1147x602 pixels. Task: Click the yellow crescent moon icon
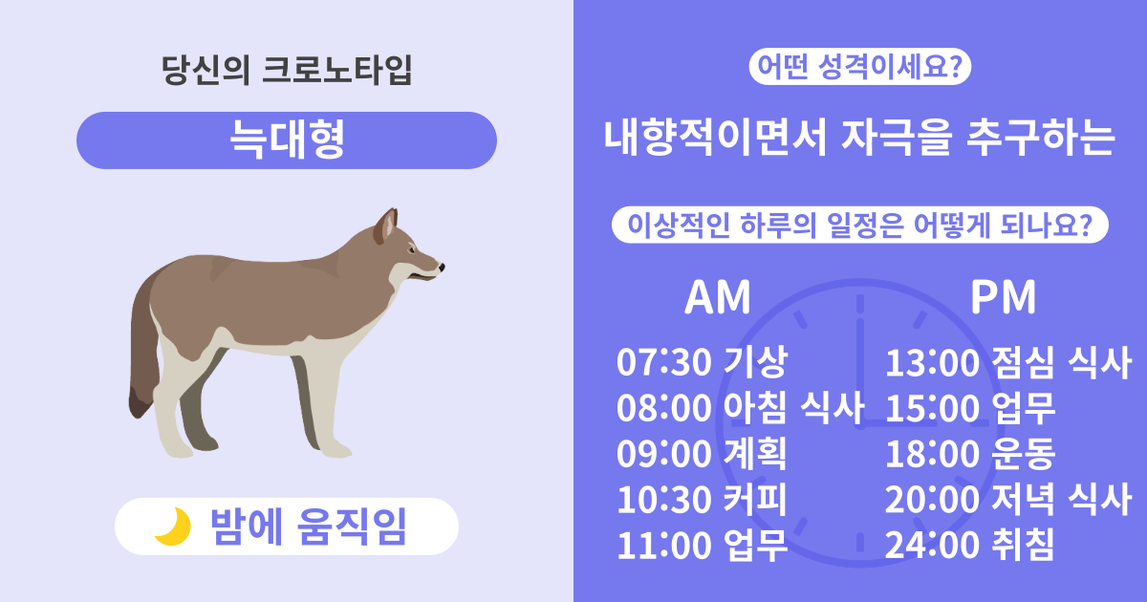coord(172,527)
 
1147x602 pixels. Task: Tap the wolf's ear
coord(386,226)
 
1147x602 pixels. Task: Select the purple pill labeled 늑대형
coord(287,140)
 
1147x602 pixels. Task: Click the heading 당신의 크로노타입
coord(287,73)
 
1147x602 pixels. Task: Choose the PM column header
coord(1003,298)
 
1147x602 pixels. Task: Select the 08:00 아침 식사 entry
coord(740,409)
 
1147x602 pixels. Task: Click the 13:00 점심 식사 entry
coord(1007,363)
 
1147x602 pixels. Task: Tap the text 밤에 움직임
coord(308,527)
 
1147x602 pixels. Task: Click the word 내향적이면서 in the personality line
coord(712,140)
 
